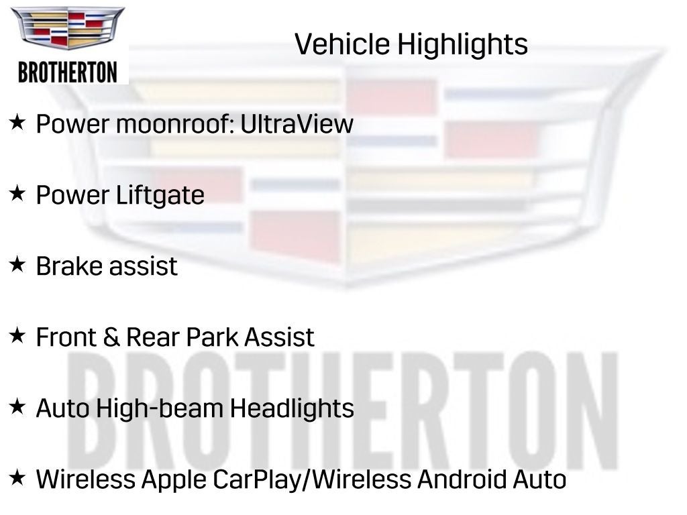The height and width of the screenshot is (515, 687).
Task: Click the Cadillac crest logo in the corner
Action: coord(68,28)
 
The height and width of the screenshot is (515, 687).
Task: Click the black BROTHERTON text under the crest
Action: coord(68,72)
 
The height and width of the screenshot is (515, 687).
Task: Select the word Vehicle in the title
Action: coord(341,45)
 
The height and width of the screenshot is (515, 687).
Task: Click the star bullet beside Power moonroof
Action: coord(17,123)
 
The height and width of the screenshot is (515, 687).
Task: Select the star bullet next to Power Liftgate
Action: coord(17,194)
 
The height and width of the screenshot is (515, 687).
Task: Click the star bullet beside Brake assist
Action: coord(17,265)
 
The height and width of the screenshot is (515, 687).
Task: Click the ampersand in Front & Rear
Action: coord(111,337)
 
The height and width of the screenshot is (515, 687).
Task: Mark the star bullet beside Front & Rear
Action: coord(17,335)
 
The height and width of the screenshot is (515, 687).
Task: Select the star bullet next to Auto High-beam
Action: coord(17,406)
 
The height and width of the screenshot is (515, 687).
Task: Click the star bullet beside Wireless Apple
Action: coord(17,477)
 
